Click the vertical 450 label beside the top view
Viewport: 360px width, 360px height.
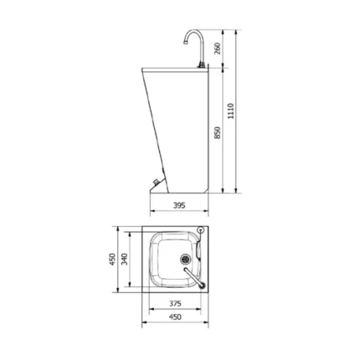pyautogui.click(x=112, y=260)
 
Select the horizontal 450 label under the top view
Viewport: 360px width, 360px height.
pyautogui.click(x=175, y=317)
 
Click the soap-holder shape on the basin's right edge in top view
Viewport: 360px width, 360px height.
pyautogui.click(x=199, y=249)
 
